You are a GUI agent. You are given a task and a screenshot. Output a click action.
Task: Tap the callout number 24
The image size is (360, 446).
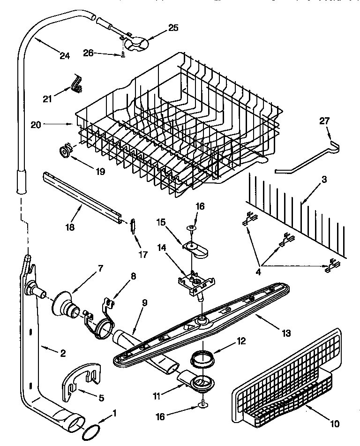click(x=64, y=56)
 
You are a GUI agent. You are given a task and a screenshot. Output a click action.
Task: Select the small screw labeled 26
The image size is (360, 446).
click(x=123, y=55)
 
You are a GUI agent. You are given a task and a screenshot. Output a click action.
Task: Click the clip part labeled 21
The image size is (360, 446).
click(x=76, y=83)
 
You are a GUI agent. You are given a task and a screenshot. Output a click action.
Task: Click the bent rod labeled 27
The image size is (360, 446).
click(x=307, y=159)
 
